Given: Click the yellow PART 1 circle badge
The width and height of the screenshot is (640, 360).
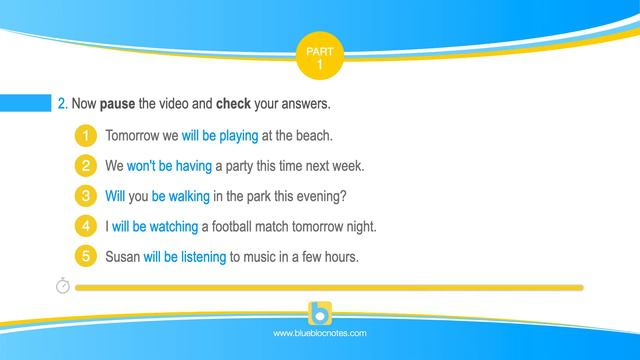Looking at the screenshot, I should (319, 56).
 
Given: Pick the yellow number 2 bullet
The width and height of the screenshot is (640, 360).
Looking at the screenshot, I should (87, 165).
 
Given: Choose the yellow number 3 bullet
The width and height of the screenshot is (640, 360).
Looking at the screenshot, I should (87, 196).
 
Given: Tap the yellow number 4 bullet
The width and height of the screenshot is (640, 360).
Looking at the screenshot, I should (87, 226).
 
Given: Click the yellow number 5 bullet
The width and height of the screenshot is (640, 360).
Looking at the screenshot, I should (87, 257).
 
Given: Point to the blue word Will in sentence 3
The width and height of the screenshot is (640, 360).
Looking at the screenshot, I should (116, 196).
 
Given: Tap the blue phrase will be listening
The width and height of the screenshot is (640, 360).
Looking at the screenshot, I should (185, 257).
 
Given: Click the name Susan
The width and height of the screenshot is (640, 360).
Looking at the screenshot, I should (122, 257).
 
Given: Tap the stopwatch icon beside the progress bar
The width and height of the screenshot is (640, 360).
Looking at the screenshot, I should (62, 286).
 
